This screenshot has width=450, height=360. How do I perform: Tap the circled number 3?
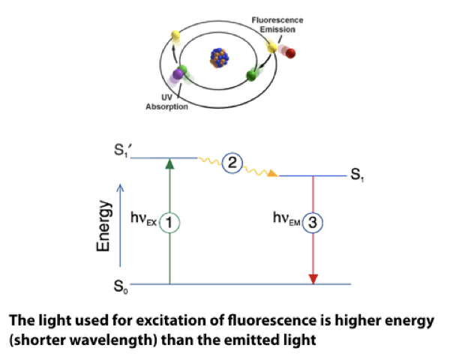pos(313,223)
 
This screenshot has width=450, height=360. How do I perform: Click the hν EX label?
pos(145,223)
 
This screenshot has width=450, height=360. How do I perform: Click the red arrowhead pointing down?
pos(313,279)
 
